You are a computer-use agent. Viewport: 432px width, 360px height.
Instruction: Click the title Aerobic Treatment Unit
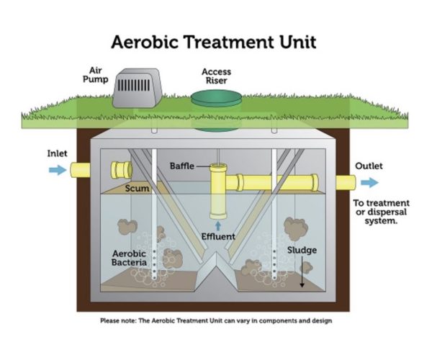pyautogui.click(x=215, y=41)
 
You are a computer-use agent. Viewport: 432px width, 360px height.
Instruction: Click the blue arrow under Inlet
pyautogui.click(x=56, y=171)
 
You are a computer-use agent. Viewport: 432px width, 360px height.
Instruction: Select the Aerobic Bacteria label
pyautogui.click(x=130, y=258)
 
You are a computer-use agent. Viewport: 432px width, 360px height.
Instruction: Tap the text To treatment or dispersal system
pyautogui.click(x=381, y=212)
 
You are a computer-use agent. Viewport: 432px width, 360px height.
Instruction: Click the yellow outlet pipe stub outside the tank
pyautogui.click(x=342, y=182)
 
